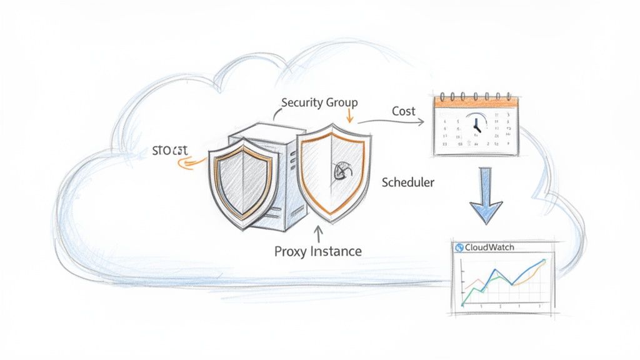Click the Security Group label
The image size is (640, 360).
pos(319,102)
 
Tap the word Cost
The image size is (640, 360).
pos(404,111)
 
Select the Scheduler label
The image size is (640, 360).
pos(407,182)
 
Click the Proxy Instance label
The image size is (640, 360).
pos(317,252)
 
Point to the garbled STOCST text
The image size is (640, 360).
pos(169,151)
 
